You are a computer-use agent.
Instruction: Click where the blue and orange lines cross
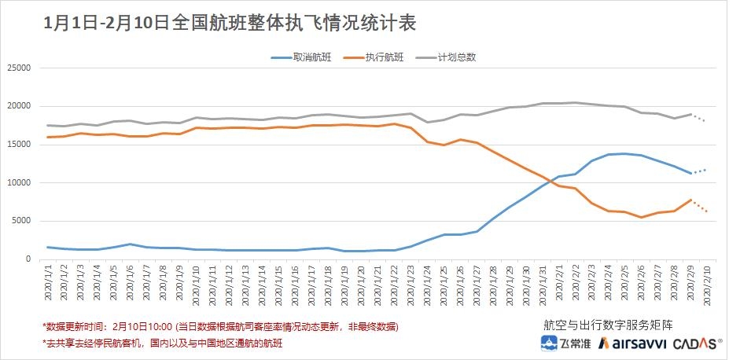tap(547, 182)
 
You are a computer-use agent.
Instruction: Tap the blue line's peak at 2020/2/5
tap(624, 153)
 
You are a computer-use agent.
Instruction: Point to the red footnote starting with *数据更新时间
tap(220, 325)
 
